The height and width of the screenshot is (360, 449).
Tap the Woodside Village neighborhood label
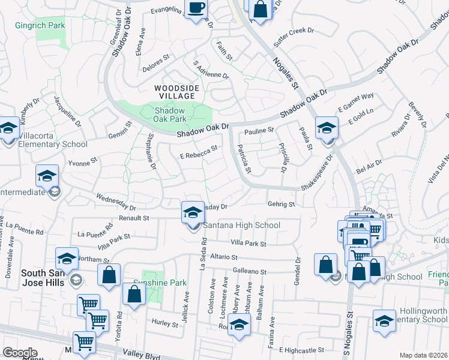pyautogui.click(x=175, y=92)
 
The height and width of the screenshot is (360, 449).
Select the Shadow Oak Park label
pyautogui.click(x=175, y=114)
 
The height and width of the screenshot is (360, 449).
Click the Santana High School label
pyautogui.click(x=241, y=225)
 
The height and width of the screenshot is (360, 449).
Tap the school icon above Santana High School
pyautogui.click(x=192, y=212)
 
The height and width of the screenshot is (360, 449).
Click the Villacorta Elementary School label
pyautogui.click(x=53, y=144)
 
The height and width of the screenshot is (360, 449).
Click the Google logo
pyautogui.click(x=20, y=353)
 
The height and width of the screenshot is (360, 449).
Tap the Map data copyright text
pyautogui.click(x=424, y=355)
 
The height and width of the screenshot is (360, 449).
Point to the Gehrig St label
pyautogui.click(x=281, y=204)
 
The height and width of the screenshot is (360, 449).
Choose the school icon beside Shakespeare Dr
pyautogui.click(x=327, y=129)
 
